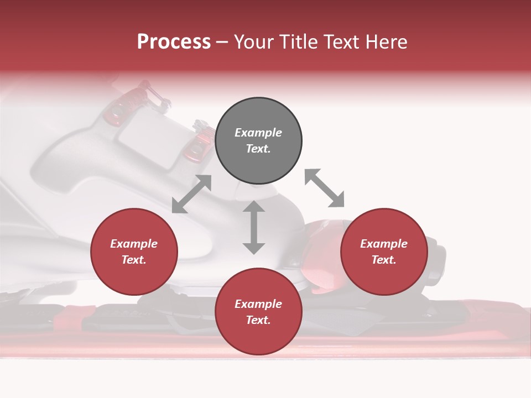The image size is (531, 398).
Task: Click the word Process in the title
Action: [x=174, y=42]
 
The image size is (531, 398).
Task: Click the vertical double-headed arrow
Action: [x=254, y=227]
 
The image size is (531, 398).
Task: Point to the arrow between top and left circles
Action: [x=192, y=194]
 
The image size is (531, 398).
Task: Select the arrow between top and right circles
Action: [x=324, y=188]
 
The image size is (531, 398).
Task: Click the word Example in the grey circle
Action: [x=258, y=133]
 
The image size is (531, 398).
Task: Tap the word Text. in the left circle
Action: [x=134, y=260]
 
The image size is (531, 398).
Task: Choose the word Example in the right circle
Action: [x=384, y=244]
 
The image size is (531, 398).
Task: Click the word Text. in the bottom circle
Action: [x=258, y=320]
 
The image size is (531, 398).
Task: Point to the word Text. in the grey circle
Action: [x=258, y=149]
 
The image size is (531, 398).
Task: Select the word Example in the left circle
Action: [x=134, y=244]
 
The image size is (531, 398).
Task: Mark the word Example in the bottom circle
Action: [x=258, y=304]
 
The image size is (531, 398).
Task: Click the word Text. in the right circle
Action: [x=384, y=260]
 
